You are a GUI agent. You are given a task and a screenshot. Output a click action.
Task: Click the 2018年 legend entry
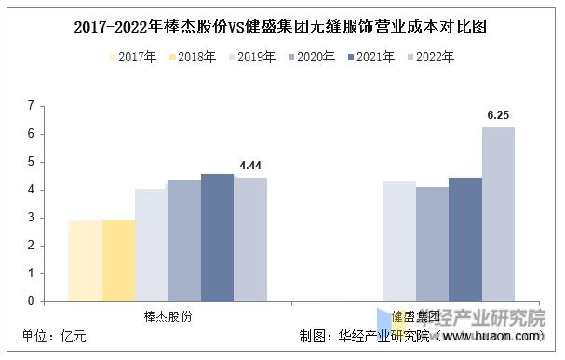[x=195, y=58]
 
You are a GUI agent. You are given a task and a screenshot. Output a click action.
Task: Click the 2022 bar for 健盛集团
[x=498, y=214]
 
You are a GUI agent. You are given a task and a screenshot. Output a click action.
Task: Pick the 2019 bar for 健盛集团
[x=399, y=241]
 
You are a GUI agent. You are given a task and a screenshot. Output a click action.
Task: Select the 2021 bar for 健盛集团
[x=464, y=239]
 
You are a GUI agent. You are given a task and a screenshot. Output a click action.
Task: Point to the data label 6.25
[x=499, y=116]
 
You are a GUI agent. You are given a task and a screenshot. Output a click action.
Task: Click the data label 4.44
[x=251, y=166]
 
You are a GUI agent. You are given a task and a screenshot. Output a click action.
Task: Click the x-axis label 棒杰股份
[x=168, y=316]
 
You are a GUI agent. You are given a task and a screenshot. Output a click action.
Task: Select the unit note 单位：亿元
[x=54, y=337]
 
